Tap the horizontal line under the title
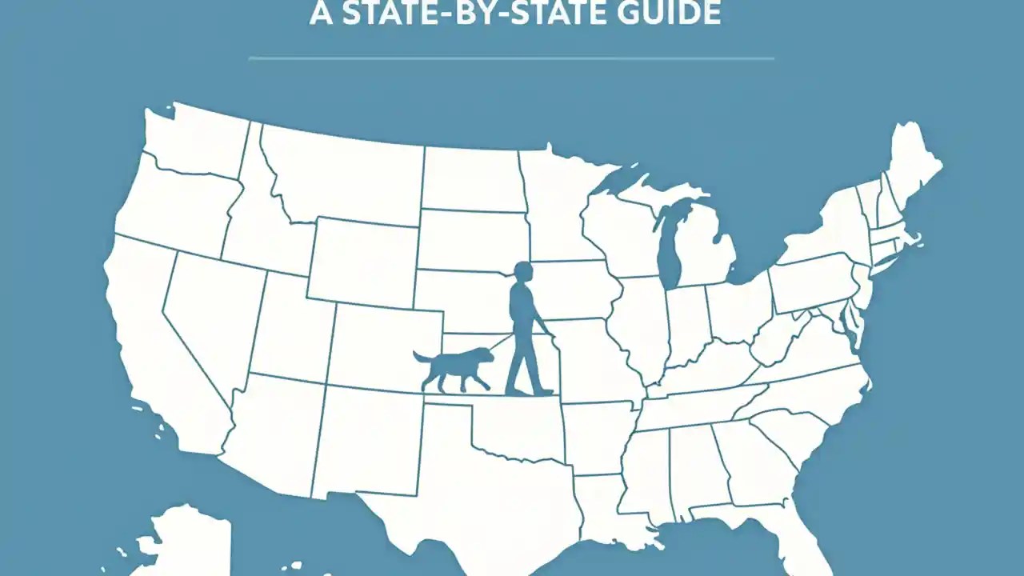point(512,58)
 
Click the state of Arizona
point(276,432)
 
